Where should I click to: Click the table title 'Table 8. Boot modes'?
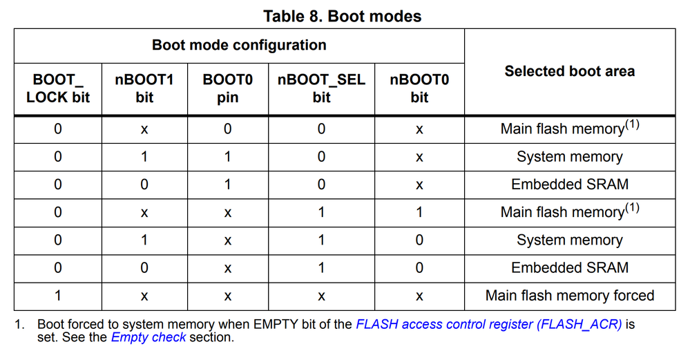click(x=342, y=15)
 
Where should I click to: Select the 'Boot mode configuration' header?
click(x=239, y=46)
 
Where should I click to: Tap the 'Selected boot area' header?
click(x=569, y=71)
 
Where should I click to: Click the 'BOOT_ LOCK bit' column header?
click(x=58, y=88)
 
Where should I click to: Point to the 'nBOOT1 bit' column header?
click(x=144, y=88)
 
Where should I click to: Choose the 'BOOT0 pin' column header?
click(x=227, y=88)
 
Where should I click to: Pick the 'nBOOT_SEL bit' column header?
click(x=321, y=88)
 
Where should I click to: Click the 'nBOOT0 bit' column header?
click(x=419, y=88)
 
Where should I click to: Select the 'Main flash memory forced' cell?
click(x=569, y=296)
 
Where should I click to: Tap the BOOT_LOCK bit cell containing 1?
click(x=58, y=296)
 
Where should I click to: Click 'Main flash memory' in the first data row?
click(x=562, y=129)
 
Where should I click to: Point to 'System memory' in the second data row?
click(x=569, y=157)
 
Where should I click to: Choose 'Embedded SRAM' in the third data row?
click(x=569, y=184)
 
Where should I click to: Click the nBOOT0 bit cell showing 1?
click(x=419, y=213)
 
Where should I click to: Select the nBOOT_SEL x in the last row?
click(x=321, y=296)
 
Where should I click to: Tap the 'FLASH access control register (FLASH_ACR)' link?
click(x=489, y=324)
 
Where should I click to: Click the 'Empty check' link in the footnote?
click(x=148, y=338)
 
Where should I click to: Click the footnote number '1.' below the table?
click(x=20, y=324)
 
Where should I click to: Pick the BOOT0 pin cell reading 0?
click(x=227, y=129)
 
